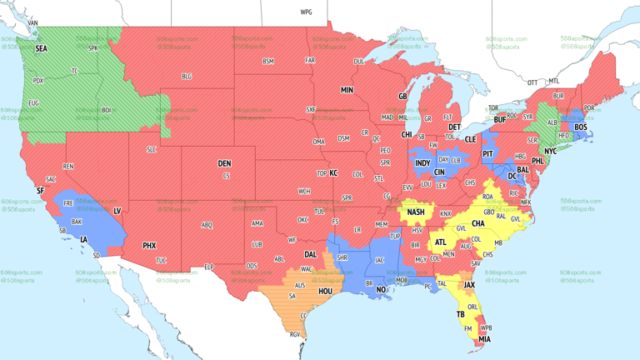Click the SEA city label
(41, 49)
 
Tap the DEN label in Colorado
(224, 163)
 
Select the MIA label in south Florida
(484, 339)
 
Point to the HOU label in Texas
(326, 292)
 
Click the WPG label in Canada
(306, 12)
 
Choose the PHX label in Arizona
(149, 246)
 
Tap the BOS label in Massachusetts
(580, 127)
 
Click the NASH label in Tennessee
(416, 212)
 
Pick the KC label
(333, 173)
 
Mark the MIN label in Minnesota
(347, 89)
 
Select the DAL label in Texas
(311, 255)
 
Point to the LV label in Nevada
(117, 211)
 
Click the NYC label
(550, 152)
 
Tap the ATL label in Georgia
(439, 242)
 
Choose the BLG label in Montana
(187, 77)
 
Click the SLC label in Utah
(151, 149)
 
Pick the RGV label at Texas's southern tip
(293, 334)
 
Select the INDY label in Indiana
(422, 163)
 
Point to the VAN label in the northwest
(33, 22)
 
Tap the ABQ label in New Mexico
(207, 225)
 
